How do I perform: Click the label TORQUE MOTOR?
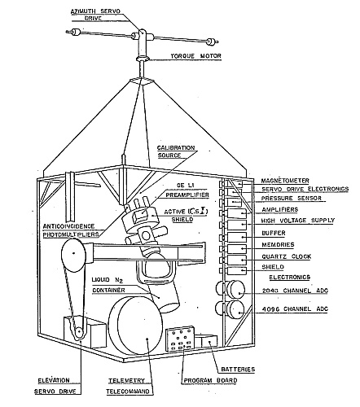pyautogui.click(x=195, y=56)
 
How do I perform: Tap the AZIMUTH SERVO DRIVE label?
pyautogui.click(x=95, y=15)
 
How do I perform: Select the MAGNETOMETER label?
pyautogui.click(x=285, y=181)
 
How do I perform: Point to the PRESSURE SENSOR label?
pyautogui.click(x=292, y=199)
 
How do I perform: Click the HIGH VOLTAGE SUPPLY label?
pyautogui.click(x=298, y=221)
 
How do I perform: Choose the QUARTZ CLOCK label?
pyautogui.click(x=287, y=256)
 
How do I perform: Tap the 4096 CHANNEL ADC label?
pyautogui.click(x=295, y=309)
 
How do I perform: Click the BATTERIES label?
pyautogui.click(x=238, y=370)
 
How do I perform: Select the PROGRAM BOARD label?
pyautogui.click(x=210, y=381)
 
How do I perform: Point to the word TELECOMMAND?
pyautogui.click(x=128, y=392)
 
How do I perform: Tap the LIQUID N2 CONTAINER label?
pyautogui.click(x=108, y=285)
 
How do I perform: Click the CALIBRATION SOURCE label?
pyautogui.click(x=176, y=151)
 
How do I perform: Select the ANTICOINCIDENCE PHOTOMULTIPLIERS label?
pyautogui.click(x=71, y=230)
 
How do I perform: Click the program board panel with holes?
pyautogui.click(x=180, y=339)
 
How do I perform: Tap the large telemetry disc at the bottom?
pyautogui.click(x=136, y=326)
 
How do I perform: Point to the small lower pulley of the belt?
pyautogui.click(x=79, y=332)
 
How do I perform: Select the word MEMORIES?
pyautogui.click(x=278, y=245)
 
